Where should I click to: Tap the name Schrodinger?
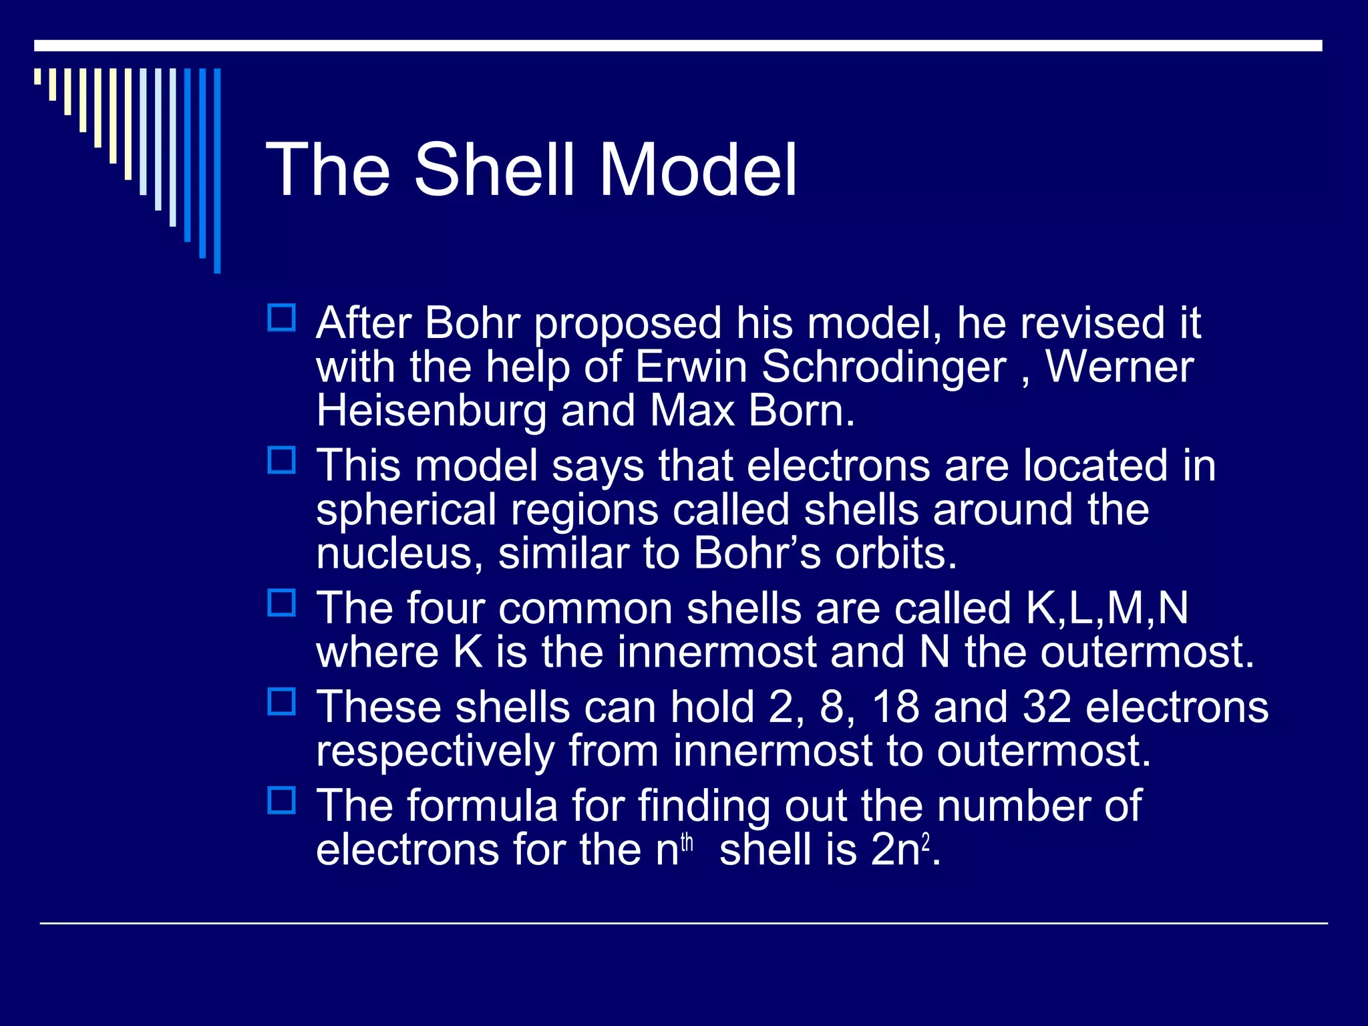[883, 367]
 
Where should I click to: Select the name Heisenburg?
[431, 411]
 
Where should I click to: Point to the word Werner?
[1120, 367]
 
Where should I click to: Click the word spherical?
[405, 510]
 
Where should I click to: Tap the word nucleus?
[399, 554]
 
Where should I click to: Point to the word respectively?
[434, 751]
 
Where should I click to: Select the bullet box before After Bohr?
[281, 318]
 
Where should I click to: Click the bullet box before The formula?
[281, 800]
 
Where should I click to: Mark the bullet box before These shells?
[281, 702]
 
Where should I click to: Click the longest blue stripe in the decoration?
[217, 170]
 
